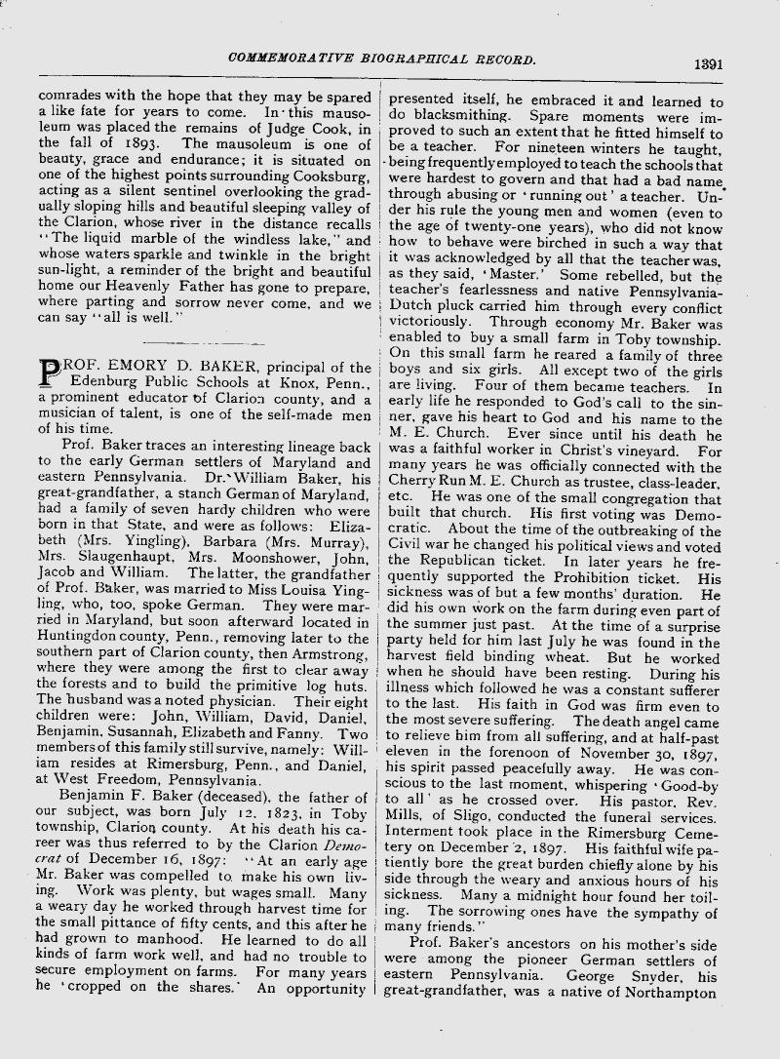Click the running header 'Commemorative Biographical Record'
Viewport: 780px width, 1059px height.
(381, 59)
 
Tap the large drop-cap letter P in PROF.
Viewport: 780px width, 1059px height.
(50, 373)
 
